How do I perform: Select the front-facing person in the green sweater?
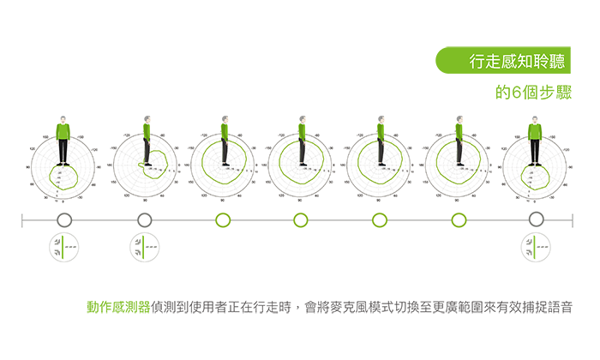[x=63, y=137]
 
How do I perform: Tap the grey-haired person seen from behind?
[x=535, y=137]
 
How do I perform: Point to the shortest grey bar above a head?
[x=459, y=108]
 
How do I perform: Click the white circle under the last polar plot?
[x=536, y=221]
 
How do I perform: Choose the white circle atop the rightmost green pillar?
[x=459, y=221]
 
